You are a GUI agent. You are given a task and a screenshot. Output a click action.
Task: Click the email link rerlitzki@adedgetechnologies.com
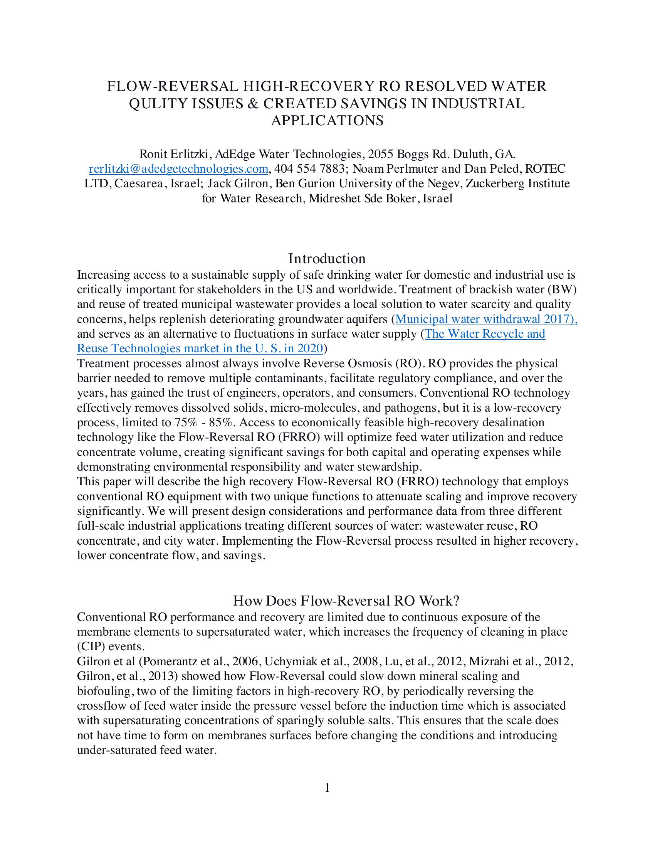click(x=178, y=169)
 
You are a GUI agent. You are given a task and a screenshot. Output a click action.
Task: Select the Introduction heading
click(x=327, y=259)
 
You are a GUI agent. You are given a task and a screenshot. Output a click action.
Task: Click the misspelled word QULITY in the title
click(x=156, y=104)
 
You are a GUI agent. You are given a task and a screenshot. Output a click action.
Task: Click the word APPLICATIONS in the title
click(x=327, y=121)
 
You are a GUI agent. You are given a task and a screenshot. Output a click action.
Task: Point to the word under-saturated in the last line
click(x=117, y=750)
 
